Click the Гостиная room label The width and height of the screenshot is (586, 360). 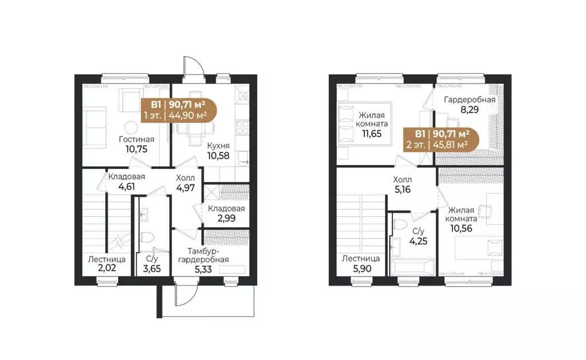coord(136,139)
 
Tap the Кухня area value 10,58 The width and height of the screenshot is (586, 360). coord(218,155)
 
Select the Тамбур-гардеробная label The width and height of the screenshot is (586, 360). coord(203,255)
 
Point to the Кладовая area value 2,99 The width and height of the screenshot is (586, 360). coord(226,218)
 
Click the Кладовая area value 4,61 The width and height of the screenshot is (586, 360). coord(127,187)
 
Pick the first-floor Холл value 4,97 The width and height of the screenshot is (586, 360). coord(186,188)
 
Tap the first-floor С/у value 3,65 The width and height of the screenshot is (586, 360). coord(152,268)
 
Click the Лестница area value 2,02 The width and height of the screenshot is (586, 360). coord(107,268)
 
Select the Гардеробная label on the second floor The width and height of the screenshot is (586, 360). coord(469,100)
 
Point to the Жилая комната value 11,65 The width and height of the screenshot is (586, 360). coord(372,133)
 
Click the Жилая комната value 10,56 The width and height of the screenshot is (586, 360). coord(461,228)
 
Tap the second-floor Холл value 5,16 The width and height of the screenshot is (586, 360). coord(402,189)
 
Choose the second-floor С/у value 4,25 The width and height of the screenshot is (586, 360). coord(418,242)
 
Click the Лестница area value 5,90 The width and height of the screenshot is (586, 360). coord(362,268)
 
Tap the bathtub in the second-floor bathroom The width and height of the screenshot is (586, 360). coord(412,267)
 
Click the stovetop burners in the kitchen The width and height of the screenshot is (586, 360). coord(242,126)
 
